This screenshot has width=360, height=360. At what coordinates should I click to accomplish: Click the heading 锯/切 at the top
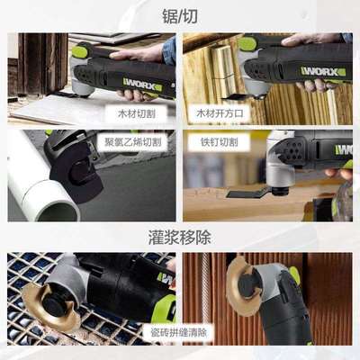coord(179,15)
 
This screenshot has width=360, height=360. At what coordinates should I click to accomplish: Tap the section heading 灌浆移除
coord(179,238)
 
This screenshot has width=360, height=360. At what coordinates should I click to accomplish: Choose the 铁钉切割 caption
coord(220,142)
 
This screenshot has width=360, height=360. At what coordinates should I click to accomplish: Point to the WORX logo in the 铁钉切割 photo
coord(344,150)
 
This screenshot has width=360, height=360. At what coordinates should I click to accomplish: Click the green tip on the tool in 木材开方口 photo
coord(246,42)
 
